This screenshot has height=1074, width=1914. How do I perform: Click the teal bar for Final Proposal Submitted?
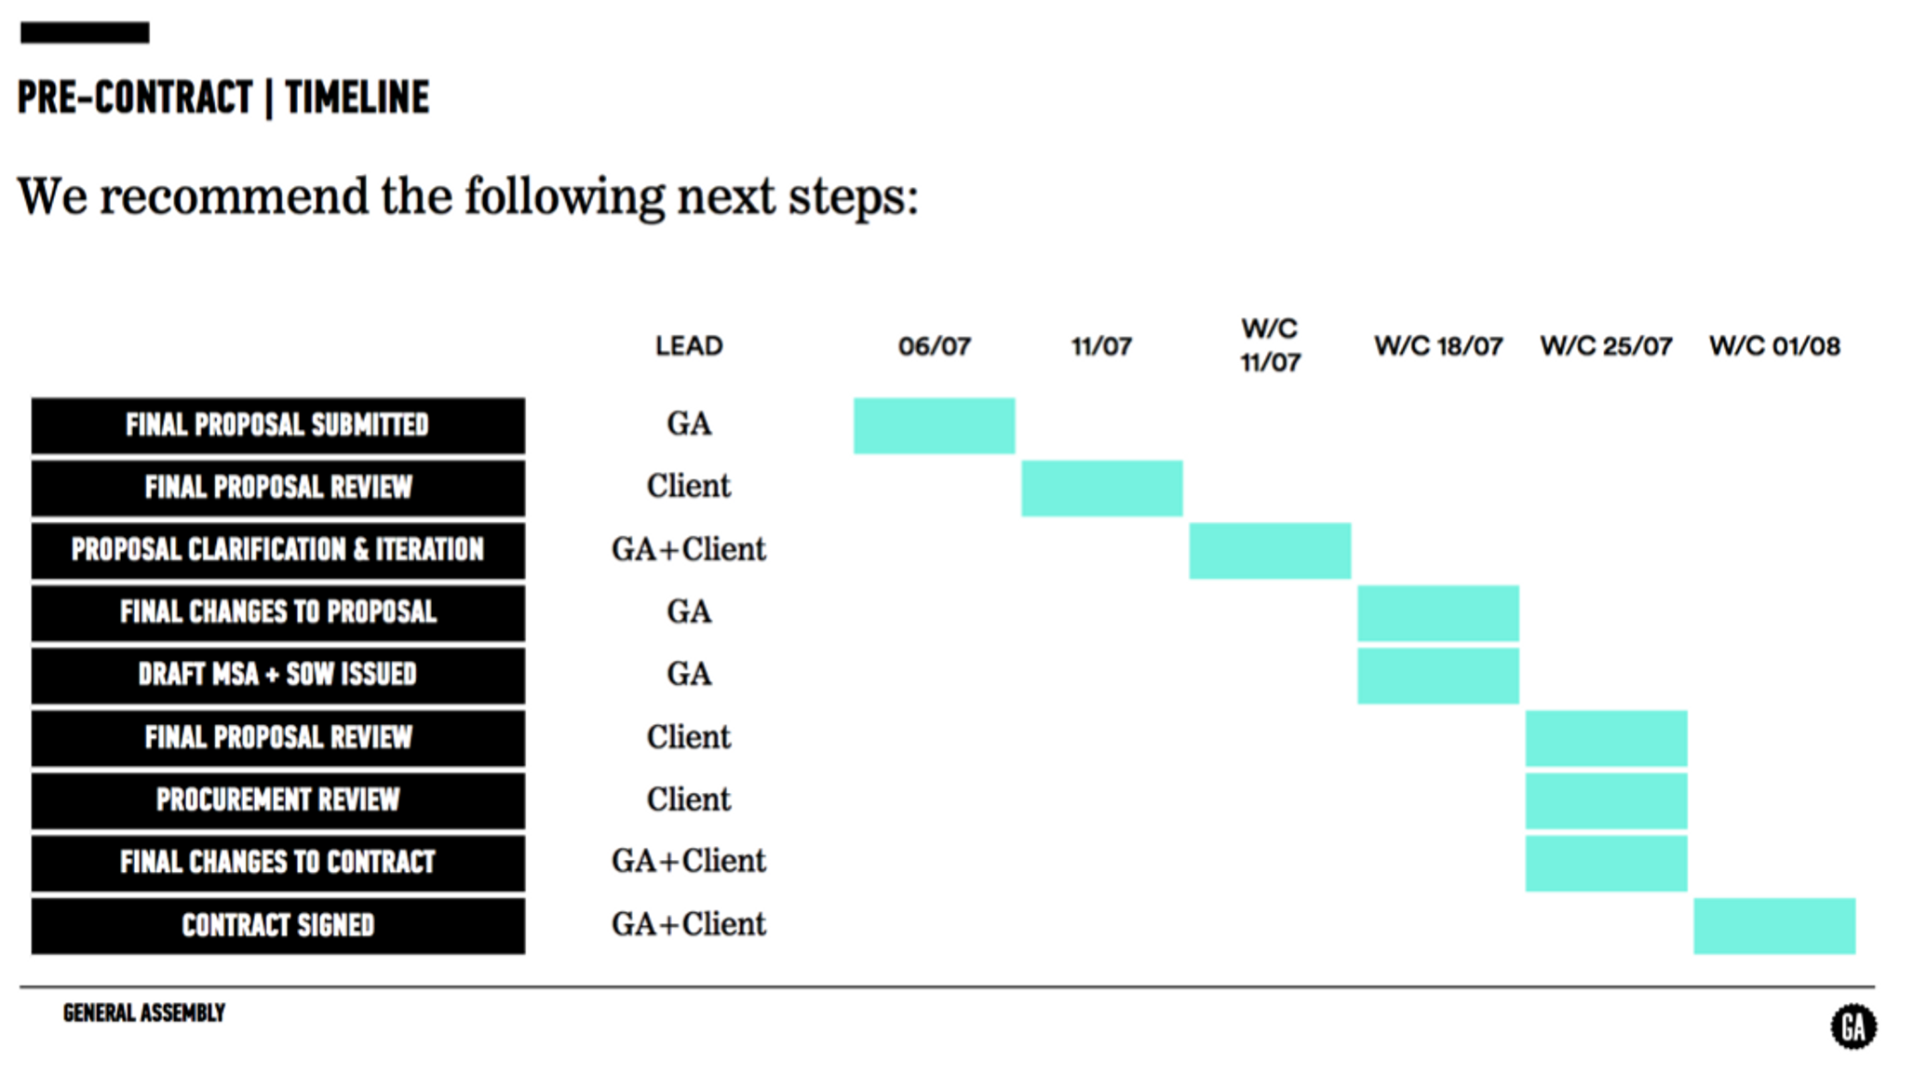[x=934, y=425]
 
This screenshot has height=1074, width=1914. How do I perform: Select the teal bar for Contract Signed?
[x=1774, y=925]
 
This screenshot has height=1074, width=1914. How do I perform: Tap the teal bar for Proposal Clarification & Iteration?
[x=1270, y=550]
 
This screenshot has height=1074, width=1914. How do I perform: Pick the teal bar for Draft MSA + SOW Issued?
[x=1438, y=675]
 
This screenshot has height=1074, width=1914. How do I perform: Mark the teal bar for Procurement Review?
[x=1606, y=800]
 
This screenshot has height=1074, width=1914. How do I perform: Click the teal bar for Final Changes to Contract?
[x=1606, y=863]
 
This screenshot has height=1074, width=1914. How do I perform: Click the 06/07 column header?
[x=934, y=346]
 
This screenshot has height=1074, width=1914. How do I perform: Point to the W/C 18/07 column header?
[x=1438, y=346]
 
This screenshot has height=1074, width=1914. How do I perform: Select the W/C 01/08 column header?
[x=1774, y=346]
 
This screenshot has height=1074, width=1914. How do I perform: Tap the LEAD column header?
[x=689, y=346]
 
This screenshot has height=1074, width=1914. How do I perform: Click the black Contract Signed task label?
[x=277, y=925]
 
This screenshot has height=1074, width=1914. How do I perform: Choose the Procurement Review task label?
[x=277, y=800]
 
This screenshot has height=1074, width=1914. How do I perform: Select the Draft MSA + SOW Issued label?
[x=277, y=675]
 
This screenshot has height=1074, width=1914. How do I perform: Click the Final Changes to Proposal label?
[x=277, y=612]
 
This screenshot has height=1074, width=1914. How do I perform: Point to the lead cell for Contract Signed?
[x=689, y=924]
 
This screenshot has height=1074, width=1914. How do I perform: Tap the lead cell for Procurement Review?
[x=689, y=799]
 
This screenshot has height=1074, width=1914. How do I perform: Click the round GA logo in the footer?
[x=1853, y=1027]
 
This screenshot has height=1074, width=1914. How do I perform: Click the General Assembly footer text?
[x=144, y=1013]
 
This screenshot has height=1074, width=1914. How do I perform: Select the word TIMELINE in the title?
[x=357, y=98]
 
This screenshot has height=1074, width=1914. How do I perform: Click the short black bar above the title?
[x=85, y=33]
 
